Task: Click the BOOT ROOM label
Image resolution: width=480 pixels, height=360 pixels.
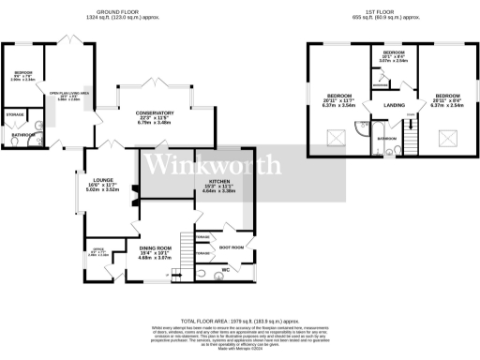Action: pos(231,247)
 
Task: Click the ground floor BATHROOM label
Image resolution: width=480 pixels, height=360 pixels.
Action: pos(23,135)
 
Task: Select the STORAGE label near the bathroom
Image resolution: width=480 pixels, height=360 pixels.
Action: pos(15,113)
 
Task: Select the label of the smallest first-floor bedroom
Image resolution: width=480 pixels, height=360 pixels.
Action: pos(393,52)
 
